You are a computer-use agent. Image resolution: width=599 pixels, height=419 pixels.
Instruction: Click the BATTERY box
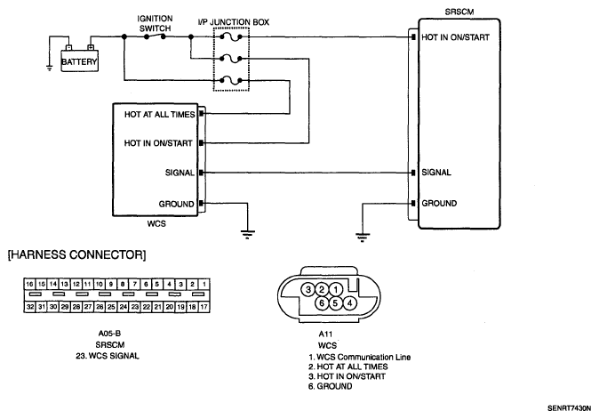click(80, 60)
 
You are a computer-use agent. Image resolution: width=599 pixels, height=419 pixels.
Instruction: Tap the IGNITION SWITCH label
click(155, 23)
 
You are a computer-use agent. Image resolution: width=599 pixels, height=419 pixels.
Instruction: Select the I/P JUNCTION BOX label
click(234, 22)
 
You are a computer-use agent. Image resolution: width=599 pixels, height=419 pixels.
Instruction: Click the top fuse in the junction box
click(231, 36)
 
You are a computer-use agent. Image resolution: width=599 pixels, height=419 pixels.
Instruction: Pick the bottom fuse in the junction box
click(231, 80)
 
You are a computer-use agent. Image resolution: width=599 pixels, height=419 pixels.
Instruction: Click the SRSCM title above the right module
click(459, 12)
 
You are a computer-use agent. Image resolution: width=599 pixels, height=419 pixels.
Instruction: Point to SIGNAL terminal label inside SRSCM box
click(436, 173)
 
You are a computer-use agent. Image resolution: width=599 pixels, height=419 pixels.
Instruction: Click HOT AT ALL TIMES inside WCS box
click(160, 114)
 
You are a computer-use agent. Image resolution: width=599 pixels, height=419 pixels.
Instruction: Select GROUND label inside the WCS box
click(177, 204)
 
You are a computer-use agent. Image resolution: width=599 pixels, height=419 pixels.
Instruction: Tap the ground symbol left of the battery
click(49, 68)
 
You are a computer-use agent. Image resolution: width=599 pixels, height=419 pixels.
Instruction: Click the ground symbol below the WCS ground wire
click(248, 234)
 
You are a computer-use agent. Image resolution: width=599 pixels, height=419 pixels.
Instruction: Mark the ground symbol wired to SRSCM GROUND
click(362, 237)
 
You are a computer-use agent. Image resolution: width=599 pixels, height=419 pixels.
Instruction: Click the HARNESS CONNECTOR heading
click(76, 254)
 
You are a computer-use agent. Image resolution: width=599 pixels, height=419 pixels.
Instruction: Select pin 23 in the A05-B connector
click(135, 307)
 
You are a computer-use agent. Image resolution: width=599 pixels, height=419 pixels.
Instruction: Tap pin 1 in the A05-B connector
click(204, 284)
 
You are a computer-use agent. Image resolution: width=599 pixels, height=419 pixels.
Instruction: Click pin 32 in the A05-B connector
click(30, 307)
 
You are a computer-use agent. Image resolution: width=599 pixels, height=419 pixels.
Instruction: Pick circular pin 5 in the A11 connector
click(335, 303)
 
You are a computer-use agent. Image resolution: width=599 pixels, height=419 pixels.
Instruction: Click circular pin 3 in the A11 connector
click(308, 289)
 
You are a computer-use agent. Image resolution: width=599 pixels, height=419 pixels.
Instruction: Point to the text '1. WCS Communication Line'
click(359, 357)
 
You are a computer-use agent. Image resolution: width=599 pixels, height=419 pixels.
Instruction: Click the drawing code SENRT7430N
click(569, 408)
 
